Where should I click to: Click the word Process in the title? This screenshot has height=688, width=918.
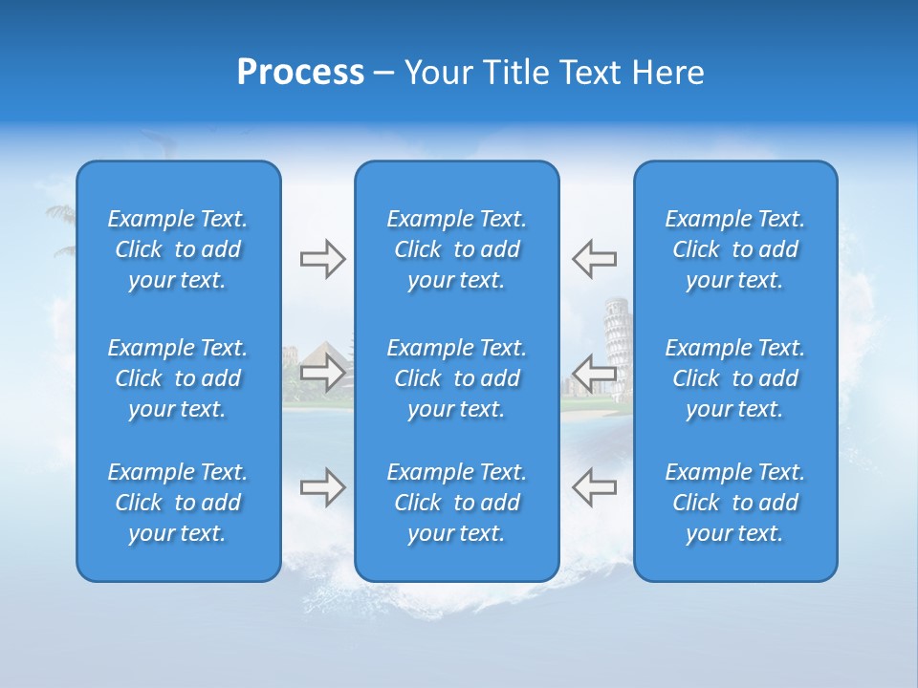[x=300, y=73]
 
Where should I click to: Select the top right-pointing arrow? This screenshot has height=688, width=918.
[x=322, y=258]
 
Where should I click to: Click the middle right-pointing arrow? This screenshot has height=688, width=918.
[x=322, y=373]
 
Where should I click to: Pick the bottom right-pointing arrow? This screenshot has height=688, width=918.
[x=322, y=487]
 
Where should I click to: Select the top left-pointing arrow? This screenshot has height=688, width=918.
[x=594, y=258]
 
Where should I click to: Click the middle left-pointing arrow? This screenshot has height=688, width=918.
[x=594, y=373]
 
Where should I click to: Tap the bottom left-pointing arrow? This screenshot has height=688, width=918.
[x=594, y=487]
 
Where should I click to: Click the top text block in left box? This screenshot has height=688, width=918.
[x=178, y=249]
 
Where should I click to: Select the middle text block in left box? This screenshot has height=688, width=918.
[x=178, y=378]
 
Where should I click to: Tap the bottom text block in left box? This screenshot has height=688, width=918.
[x=178, y=503]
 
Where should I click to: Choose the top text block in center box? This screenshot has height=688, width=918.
[x=457, y=249]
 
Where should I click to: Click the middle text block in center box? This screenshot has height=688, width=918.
[x=457, y=378]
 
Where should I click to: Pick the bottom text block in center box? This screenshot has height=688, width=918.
[x=457, y=503]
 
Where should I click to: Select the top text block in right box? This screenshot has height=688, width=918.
[x=735, y=249]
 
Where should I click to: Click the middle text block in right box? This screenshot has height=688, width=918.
[x=735, y=378]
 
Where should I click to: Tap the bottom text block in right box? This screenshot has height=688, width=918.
[x=735, y=503]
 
